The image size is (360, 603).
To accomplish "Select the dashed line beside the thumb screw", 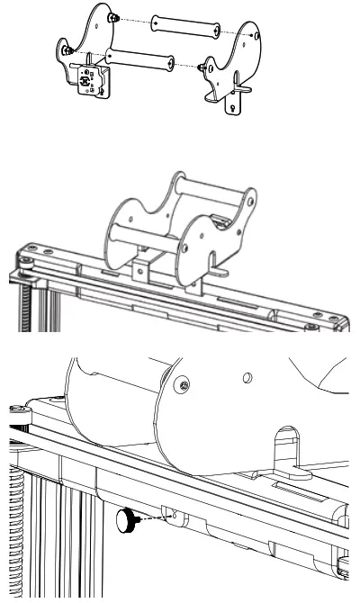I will tap(155, 516).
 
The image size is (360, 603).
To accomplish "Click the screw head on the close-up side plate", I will tap(184, 384).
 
